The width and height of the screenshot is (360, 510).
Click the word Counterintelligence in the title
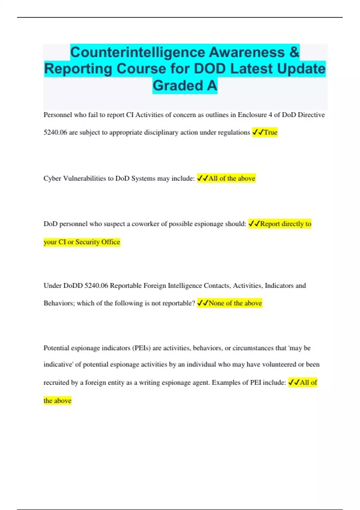click(x=138, y=52)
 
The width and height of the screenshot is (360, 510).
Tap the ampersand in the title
click(x=294, y=52)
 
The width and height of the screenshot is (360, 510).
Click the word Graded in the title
click(x=178, y=85)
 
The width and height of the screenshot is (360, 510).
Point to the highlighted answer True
click(x=270, y=132)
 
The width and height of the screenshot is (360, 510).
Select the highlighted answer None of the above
click(x=235, y=303)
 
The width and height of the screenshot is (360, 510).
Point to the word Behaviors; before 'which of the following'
click(x=59, y=303)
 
